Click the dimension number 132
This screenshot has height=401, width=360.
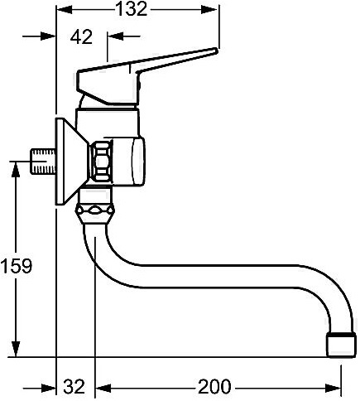coord(131,9)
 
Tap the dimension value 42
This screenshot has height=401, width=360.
coord(81,36)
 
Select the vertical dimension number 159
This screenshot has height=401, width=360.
coord(17,266)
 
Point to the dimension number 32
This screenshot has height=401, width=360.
coord(74,386)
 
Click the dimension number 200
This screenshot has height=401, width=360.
coord(214,386)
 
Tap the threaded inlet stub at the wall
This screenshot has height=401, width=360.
coord(43,162)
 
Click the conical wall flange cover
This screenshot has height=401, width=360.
coord(72,162)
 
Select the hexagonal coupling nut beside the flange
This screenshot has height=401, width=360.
coord(100,161)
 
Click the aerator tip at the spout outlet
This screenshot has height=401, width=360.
coord(341,345)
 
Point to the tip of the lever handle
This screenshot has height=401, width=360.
coord(216,51)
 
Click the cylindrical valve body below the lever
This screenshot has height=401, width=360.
coord(107,123)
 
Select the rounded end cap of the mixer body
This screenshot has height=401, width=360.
coord(137,162)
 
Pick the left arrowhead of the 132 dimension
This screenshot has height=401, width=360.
coord(65,10)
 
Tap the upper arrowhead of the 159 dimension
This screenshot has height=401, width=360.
coord(16,169)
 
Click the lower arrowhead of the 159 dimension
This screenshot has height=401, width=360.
coord(16,349)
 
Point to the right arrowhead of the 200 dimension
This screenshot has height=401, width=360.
coord(334,389)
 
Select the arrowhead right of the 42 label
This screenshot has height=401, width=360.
coord(115,36)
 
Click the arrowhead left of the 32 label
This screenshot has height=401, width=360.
coord(48,389)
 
